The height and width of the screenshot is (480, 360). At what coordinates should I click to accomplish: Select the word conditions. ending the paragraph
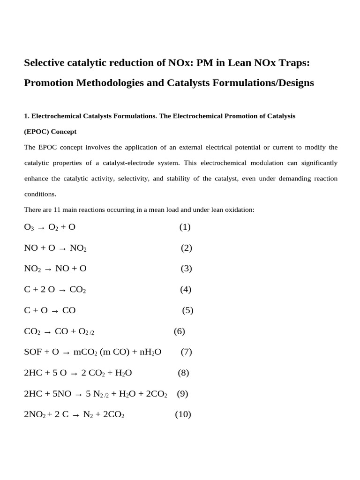tap(40, 194)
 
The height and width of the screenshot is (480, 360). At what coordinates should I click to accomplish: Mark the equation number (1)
tap(185, 227)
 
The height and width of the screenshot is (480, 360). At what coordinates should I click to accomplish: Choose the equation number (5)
tap(187, 310)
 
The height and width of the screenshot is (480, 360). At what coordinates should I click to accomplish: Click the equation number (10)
tap(183, 415)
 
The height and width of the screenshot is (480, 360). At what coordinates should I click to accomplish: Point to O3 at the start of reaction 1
tap(29, 227)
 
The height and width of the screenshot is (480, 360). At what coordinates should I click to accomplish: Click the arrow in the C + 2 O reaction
tap(62, 290)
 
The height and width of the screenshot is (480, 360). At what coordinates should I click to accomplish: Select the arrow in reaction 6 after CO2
tap(47, 332)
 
